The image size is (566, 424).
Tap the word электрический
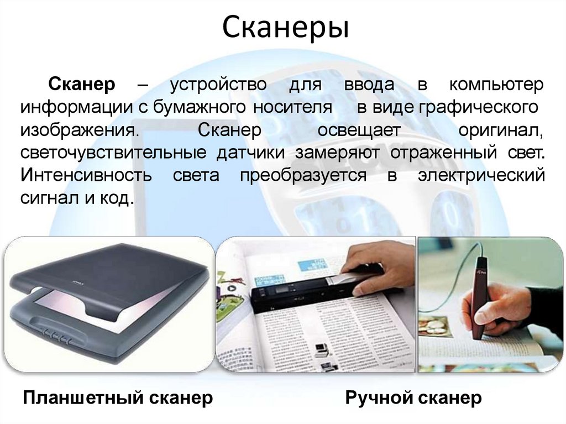click(x=481, y=175)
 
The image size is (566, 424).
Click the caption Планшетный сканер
click(x=117, y=397)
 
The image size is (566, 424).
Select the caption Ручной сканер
click(x=413, y=397)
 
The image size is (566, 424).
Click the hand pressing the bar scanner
click(x=381, y=265)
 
